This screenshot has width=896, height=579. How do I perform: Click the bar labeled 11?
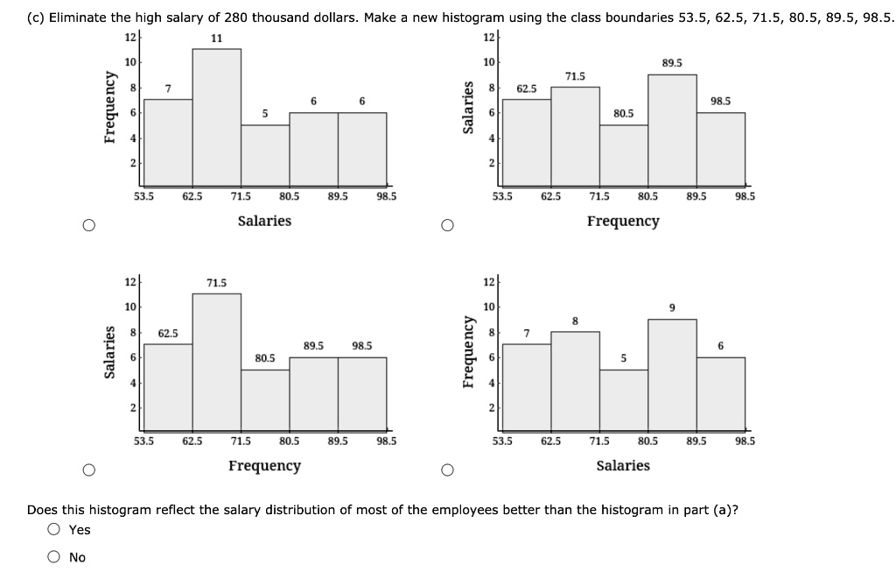(216, 114)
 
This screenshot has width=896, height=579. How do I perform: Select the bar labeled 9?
(672, 372)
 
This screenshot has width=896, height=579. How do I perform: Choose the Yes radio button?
(55, 529)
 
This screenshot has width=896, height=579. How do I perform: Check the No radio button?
(55, 557)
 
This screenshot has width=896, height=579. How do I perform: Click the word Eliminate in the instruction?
(79, 17)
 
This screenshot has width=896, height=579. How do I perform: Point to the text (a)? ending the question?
(725, 509)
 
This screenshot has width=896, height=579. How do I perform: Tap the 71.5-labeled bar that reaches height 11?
(216, 359)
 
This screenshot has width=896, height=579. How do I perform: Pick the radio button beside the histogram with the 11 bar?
(88, 226)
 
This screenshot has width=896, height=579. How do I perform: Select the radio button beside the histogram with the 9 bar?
(447, 470)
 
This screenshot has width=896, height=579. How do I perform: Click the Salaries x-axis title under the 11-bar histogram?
(264, 221)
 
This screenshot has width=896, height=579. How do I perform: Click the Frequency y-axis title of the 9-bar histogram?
(469, 357)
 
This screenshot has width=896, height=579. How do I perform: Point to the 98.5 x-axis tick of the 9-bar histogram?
(745, 441)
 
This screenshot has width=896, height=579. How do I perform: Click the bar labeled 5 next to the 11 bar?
(265, 153)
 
